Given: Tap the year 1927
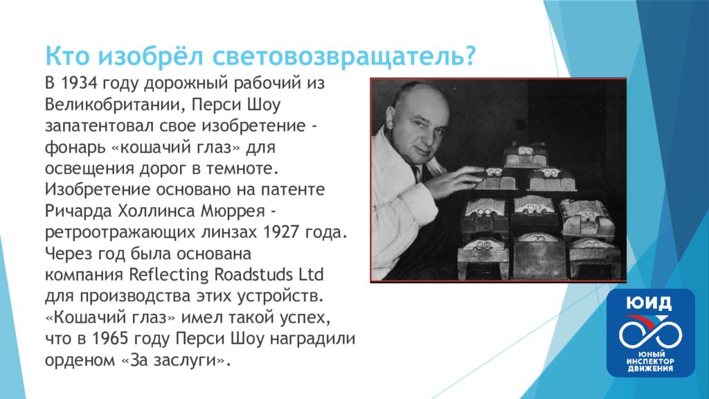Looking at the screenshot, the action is tap(281, 232).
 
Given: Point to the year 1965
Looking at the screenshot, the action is tap(110, 339).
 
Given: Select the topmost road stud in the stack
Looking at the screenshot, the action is tap(525, 154).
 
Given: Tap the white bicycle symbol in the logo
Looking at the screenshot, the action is tap(649, 334).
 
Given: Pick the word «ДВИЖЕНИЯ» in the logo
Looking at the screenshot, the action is tap(649, 369).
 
